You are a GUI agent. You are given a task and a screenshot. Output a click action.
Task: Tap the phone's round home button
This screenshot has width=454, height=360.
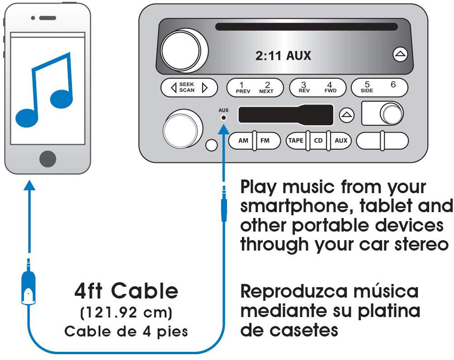pyautogui.click(x=48, y=159)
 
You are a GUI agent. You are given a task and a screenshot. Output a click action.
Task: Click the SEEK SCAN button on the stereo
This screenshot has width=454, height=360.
pyautogui.click(x=189, y=88)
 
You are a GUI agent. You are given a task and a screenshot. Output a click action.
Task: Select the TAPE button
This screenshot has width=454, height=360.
pyautogui.click(x=296, y=141)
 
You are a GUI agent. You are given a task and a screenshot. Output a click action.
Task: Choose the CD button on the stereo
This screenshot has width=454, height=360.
pyautogui.click(x=318, y=141)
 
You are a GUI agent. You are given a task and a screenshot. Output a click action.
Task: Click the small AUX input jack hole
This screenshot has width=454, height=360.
pyautogui.click(x=223, y=118)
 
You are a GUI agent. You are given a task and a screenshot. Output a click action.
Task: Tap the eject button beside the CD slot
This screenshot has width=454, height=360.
pyautogui.click(x=400, y=54)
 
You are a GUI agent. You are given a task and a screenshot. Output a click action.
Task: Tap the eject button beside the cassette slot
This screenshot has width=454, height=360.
pyautogui.click(x=346, y=115)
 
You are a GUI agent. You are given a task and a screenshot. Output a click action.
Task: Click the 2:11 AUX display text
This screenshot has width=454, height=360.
pyautogui.click(x=283, y=55)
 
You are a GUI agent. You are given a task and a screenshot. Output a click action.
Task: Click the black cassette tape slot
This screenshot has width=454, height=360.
pyautogui.click(x=286, y=114)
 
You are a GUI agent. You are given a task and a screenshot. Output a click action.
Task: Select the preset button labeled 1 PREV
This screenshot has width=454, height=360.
pyautogui.click(x=243, y=88)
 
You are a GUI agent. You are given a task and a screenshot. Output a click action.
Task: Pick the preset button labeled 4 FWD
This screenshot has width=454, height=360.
pyautogui.click(x=330, y=88)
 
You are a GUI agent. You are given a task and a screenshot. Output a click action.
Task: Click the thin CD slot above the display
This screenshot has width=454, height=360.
pyautogui.click(x=306, y=27)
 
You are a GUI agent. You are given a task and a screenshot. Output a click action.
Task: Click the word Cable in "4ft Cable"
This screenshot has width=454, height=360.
pyautogui.click(x=144, y=291)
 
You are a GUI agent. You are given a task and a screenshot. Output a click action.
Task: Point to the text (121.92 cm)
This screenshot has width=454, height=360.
pyautogui.click(x=126, y=312)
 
